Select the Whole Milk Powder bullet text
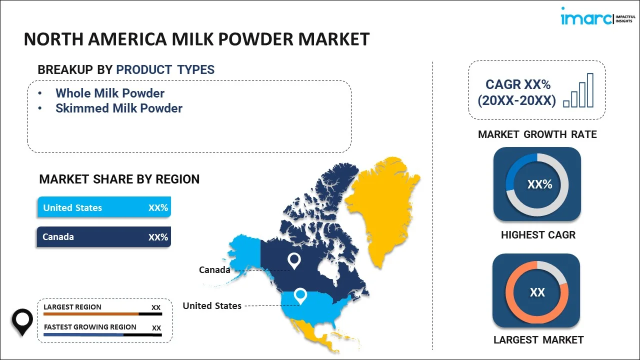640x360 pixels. (x=110, y=93)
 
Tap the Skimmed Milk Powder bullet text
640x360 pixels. (x=119, y=108)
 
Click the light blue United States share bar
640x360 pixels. (x=104, y=207)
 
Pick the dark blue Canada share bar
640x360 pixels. (x=104, y=236)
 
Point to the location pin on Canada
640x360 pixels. (x=294, y=261)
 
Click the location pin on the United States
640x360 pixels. (x=300, y=296)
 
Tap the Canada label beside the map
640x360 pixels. (x=214, y=269)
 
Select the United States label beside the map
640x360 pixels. (x=212, y=305)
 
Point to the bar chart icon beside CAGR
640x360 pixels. (x=578, y=90)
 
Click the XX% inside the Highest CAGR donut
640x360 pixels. (x=539, y=184)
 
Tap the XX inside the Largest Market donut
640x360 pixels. (x=537, y=292)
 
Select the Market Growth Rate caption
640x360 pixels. (x=537, y=134)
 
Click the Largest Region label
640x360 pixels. (x=72, y=307)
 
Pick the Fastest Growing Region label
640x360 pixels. (x=90, y=327)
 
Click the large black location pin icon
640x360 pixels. (x=22, y=322)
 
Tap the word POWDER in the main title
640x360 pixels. (x=256, y=39)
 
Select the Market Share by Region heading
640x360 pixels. (x=119, y=179)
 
